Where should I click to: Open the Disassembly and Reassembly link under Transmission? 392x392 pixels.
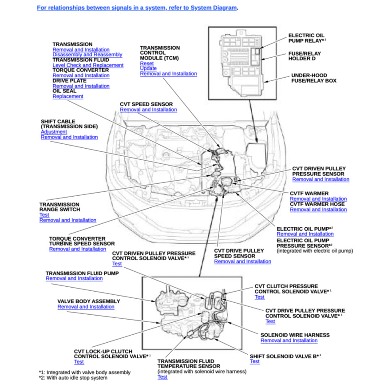(x=87, y=55)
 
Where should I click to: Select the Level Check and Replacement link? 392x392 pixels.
(x=88, y=65)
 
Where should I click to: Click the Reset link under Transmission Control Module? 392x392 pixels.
(x=147, y=63)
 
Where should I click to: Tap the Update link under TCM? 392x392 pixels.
(x=148, y=68)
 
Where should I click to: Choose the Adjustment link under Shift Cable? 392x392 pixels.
(x=54, y=132)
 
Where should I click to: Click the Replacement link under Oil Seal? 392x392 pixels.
(x=68, y=96)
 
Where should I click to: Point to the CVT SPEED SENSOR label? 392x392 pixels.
(x=146, y=104)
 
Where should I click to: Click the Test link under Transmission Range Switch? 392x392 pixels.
(x=44, y=215)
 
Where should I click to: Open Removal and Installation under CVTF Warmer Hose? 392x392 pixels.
(x=318, y=210)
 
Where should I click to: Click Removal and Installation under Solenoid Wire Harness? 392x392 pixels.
(x=289, y=341)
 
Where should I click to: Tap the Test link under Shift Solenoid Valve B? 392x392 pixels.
(x=254, y=361)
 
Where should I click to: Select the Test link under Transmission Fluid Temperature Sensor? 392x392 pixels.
(x=162, y=377)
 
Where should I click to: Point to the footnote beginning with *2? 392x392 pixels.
(x=73, y=378)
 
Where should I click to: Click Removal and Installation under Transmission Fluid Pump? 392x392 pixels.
(x=74, y=278)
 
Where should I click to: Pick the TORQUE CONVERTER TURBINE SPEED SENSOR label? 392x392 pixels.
(x=82, y=241)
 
